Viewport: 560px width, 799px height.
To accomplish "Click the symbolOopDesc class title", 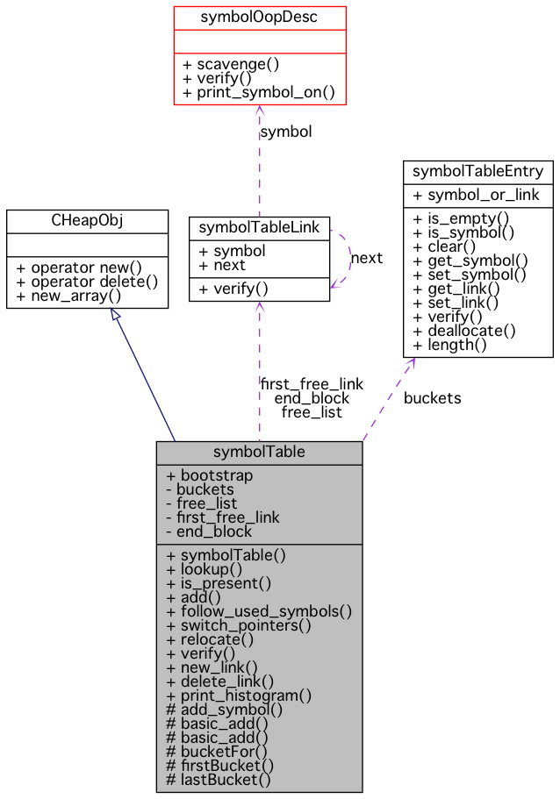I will point(259,17).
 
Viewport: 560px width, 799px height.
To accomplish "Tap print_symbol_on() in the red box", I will point(259,92).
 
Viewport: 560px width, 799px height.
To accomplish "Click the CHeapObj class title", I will point(87,220).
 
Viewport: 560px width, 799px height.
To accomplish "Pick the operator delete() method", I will point(87,282).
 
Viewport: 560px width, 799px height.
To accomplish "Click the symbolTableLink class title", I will point(259,228).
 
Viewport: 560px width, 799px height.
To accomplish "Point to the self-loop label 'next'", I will point(367,258).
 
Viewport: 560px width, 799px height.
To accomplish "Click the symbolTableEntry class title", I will point(477,171).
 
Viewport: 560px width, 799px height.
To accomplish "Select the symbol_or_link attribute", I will point(477,195).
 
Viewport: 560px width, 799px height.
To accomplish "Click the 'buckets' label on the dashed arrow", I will point(432,398).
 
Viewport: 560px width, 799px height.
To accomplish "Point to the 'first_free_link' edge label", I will point(312,384).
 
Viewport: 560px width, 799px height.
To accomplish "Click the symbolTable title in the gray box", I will point(259,453).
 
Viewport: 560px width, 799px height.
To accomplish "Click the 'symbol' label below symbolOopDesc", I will point(286,132).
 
